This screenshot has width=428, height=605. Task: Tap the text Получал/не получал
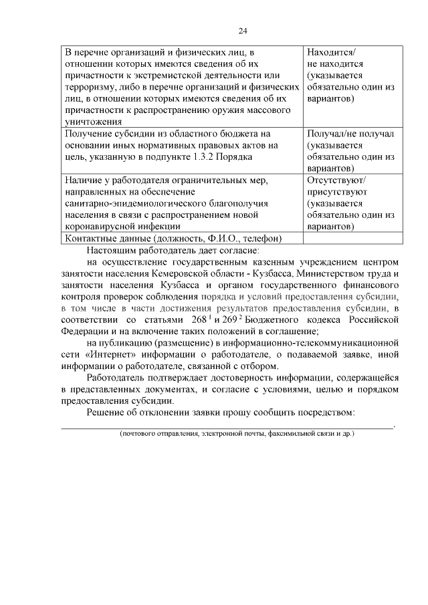pos(350,134)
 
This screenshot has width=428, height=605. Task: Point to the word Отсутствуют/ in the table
pos(338,180)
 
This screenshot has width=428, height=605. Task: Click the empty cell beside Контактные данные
pos(352,239)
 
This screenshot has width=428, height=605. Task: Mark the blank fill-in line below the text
pos(227,425)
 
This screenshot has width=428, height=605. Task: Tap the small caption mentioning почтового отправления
pos(236,434)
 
